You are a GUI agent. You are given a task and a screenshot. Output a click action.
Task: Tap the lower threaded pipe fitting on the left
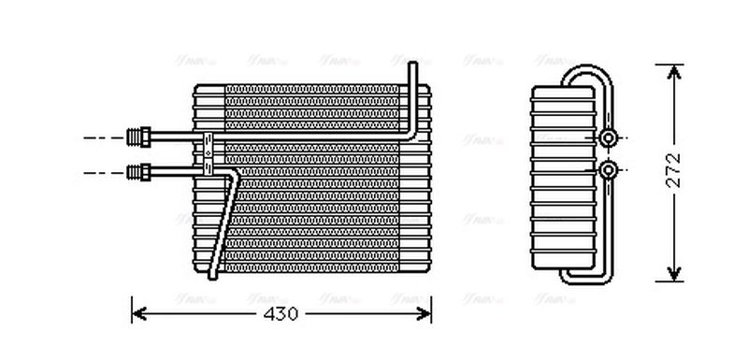pos(139,171)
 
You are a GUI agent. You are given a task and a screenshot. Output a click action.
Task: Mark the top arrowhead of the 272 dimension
pos(672,70)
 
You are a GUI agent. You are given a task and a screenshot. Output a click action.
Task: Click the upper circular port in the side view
pos(609,138)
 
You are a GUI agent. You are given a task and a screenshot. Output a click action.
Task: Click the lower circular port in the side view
pos(609,170)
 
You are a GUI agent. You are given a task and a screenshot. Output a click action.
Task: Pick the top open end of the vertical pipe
pos(412,64)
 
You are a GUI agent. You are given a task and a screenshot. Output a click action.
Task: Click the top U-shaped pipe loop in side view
pos(584,71)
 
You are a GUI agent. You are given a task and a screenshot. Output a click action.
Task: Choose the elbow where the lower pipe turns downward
pos(230,175)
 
